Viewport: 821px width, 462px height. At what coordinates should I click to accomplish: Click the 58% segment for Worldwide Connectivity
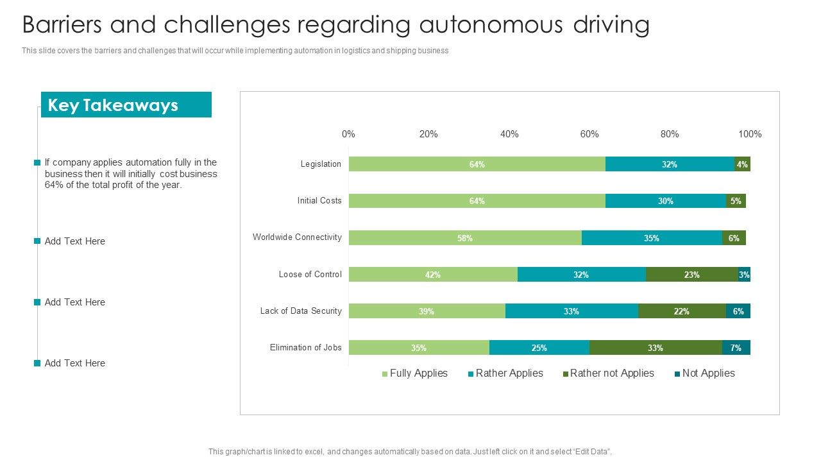click(465, 238)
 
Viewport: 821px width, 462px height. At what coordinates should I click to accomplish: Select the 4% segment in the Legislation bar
click(742, 164)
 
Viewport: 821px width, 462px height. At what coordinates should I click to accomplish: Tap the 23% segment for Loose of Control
click(691, 275)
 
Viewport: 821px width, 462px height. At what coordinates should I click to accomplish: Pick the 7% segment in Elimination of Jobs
click(736, 348)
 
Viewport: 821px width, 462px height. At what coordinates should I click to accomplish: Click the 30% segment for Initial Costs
click(665, 201)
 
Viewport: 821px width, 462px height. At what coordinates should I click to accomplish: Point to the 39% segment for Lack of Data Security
click(427, 311)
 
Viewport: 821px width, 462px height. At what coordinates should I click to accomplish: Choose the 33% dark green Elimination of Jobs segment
click(655, 348)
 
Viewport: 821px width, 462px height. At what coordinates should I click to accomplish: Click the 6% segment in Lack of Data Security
click(738, 311)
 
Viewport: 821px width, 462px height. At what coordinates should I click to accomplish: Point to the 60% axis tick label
click(589, 134)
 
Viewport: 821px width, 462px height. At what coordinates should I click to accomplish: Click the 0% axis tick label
click(348, 134)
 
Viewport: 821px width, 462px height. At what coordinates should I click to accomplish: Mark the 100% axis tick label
click(750, 134)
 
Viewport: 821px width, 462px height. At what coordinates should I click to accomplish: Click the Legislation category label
click(321, 164)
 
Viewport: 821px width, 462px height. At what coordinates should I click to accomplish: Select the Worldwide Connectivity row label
click(297, 237)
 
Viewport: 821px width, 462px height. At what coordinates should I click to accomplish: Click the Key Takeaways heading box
click(126, 105)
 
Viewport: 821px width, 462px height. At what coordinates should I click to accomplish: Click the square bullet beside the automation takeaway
click(37, 163)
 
